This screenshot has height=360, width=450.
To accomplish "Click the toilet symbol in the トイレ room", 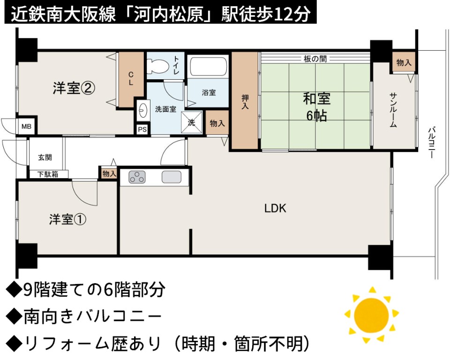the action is click(157, 66).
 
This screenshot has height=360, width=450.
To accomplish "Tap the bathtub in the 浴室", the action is click(208, 67).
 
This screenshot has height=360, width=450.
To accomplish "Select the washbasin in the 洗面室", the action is click(142, 110).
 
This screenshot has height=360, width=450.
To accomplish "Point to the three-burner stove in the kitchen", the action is click(137, 177).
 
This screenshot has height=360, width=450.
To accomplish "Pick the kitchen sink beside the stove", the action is click(172, 177).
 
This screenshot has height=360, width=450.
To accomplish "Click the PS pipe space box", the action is click(142, 129).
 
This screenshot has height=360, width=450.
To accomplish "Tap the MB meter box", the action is click(26, 126).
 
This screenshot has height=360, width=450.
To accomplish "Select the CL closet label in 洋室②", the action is click(131, 79).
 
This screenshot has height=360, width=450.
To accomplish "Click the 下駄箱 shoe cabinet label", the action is click(48, 174).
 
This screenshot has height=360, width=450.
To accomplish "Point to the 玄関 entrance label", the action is click(45, 157).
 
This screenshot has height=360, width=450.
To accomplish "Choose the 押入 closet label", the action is click(245, 102).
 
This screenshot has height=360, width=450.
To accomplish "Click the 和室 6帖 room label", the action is click(316, 107).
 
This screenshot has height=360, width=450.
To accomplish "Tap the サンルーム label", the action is click(393, 110).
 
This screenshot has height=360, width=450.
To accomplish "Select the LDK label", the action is click(275, 209).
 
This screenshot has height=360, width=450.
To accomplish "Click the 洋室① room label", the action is click(67, 220).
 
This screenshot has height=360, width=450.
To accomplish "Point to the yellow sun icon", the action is click(371, 315).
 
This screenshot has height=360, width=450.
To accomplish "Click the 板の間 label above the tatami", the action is click(315, 59).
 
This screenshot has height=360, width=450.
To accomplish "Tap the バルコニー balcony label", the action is click(432, 142).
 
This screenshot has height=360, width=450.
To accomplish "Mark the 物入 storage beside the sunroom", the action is click(404, 62).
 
